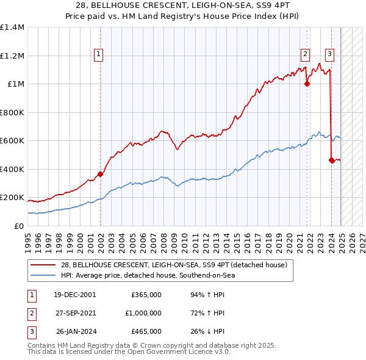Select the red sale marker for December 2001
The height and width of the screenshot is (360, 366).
[101, 175]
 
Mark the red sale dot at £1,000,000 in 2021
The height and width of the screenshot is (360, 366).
[307, 84]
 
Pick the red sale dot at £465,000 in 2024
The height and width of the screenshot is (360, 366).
[331, 160]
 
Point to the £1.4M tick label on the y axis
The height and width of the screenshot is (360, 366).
[12, 27]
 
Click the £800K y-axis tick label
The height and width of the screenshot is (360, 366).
[12, 112]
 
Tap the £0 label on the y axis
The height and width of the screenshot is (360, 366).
[18, 226]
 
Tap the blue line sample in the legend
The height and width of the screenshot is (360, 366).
[43, 275]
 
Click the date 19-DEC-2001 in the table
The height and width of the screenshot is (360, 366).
[74, 295]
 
